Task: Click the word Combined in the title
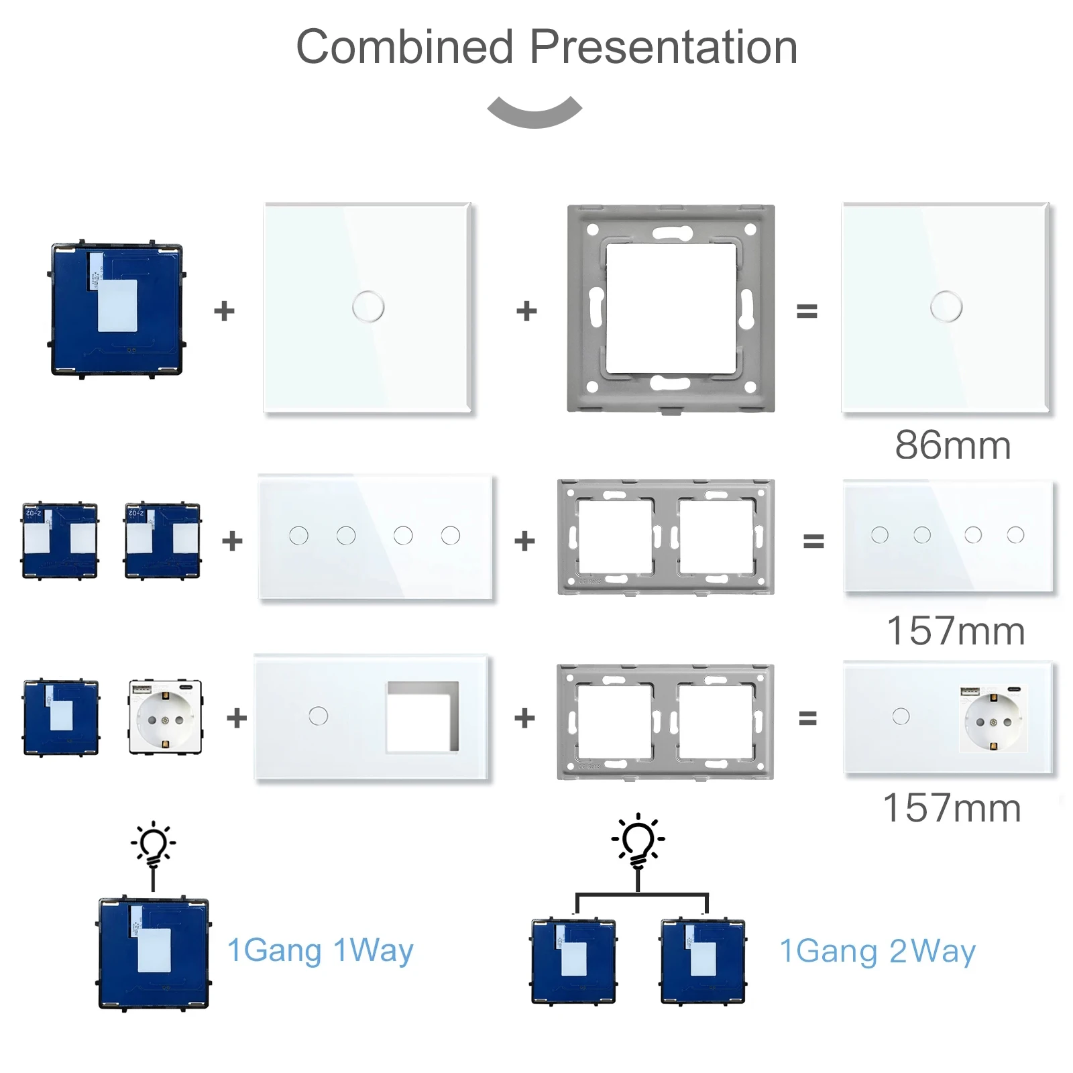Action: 404,47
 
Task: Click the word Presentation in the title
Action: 663,47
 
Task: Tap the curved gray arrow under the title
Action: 534,111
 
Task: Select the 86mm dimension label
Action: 952,445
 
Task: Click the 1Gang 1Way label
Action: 321,951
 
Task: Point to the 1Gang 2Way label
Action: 877,951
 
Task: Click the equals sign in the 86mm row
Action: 807,311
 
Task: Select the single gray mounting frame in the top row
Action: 671,308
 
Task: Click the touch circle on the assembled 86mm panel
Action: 946,307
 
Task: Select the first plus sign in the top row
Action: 225,311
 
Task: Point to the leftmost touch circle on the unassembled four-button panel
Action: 298,535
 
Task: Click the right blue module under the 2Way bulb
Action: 703,961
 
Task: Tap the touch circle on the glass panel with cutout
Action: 319,716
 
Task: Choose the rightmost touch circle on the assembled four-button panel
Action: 1015,534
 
